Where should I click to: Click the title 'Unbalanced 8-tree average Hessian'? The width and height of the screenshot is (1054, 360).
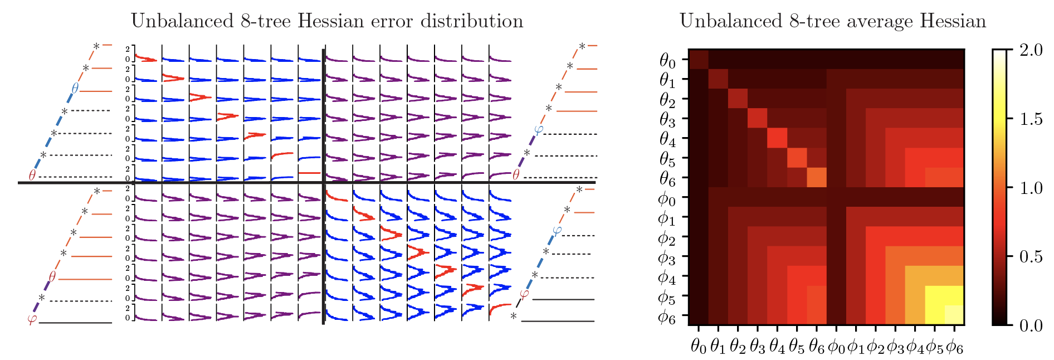click(832, 21)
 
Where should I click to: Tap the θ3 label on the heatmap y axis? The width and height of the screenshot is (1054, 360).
click(667, 119)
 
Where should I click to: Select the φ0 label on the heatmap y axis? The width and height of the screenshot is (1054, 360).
click(667, 198)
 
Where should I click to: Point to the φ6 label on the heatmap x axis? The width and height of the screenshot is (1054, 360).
click(954, 347)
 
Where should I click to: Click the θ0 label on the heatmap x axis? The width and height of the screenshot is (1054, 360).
click(699, 347)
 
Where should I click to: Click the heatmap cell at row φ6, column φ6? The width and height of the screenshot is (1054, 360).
click(954, 315)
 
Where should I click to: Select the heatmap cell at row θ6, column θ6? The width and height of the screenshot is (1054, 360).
click(816, 177)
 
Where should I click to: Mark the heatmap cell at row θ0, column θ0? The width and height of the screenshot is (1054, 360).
click(699, 59)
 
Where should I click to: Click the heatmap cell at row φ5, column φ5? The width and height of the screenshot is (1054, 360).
click(934, 295)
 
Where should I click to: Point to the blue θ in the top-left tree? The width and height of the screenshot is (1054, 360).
click(75, 88)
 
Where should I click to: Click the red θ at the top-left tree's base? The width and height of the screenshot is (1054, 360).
click(32, 176)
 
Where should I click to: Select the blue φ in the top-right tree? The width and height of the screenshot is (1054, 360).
click(538, 130)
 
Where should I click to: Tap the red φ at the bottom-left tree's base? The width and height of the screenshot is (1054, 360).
click(31, 320)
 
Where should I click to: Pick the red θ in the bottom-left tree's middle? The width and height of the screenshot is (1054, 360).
click(52, 276)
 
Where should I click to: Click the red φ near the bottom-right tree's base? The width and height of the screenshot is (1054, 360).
click(524, 294)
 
